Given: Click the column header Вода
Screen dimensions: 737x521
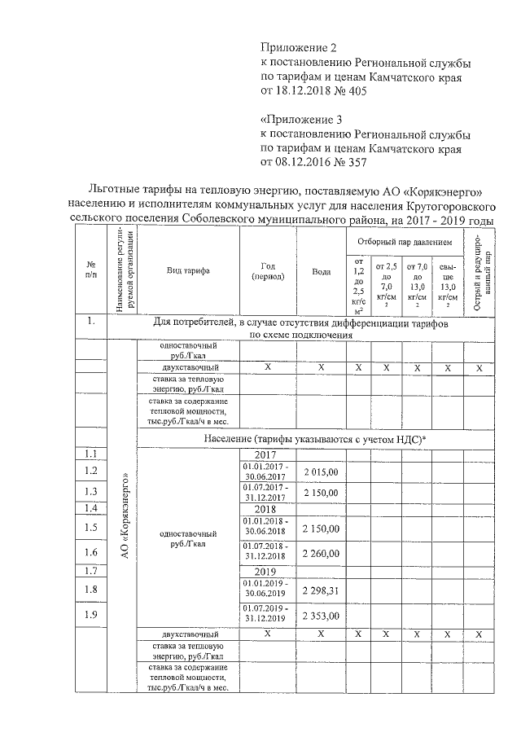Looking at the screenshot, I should click(x=321, y=271).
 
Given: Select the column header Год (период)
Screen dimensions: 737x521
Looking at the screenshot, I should click(x=268, y=271).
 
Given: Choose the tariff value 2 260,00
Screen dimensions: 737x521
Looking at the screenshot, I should click(x=321, y=551).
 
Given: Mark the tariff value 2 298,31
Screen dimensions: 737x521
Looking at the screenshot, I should click(x=321, y=589).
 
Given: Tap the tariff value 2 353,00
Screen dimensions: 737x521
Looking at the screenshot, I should click(x=321, y=615).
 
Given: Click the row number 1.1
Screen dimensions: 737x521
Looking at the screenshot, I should click(x=90, y=454).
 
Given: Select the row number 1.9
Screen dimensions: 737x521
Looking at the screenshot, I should click(x=90, y=615).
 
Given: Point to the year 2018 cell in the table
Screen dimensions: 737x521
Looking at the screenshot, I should click(x=267, y=508).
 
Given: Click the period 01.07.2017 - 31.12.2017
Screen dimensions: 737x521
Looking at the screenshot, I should click(x=267, y=492).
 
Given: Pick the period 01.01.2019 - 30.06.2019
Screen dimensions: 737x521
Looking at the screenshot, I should click(x=267, y=589).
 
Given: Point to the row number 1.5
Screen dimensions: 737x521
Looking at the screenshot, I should click(x=90, y=527).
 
